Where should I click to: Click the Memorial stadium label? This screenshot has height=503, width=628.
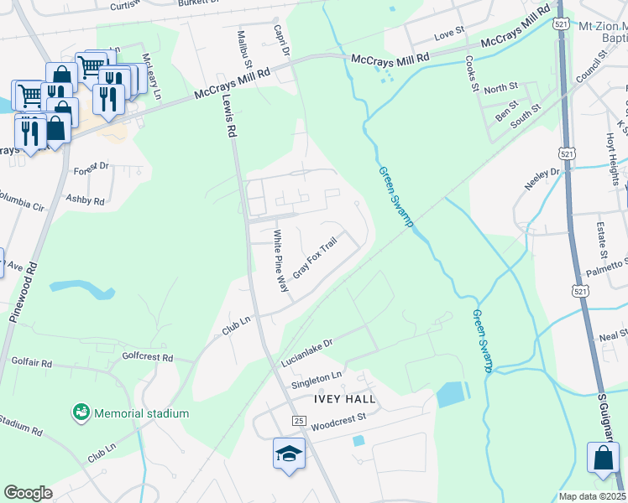(x=141, y=413)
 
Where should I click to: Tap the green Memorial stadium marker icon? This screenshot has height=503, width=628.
(x=81, y=413)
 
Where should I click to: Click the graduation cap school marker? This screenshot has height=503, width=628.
(x=290, y=454)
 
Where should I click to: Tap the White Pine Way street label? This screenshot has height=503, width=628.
(x=283, y=262)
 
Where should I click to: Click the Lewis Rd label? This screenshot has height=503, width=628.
(x=227, y=115)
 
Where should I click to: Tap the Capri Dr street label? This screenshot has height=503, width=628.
(x=281, y=39)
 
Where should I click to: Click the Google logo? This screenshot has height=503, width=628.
(x=28, y=493)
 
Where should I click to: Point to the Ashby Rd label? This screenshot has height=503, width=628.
(x=86, y=201)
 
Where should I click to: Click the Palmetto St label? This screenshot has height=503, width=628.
(x=607, y=267)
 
